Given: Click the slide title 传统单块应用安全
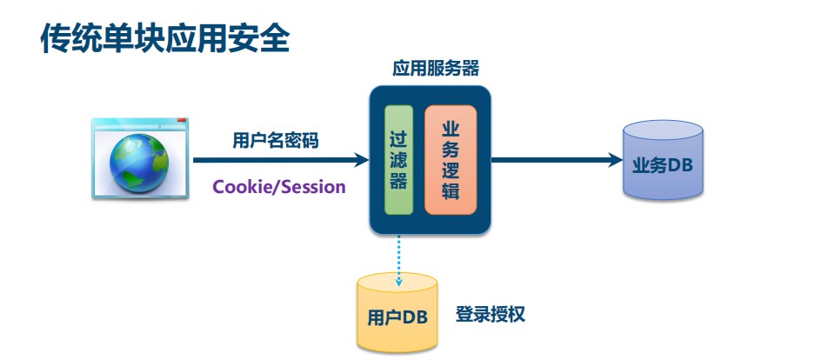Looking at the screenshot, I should click(x=164, y=38).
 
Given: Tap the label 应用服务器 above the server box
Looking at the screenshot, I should click(x=436, y=69).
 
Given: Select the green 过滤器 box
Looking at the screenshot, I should click(x=399, y=160).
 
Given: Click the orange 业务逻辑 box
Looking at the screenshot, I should click(x=451, y=160).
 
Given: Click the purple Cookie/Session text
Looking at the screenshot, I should click(x=279, y=186).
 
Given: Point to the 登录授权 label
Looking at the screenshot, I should click(x=491, y=314).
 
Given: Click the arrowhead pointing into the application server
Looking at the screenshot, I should click(x=361, y=160).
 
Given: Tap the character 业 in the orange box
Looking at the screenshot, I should click(x=451, y=130).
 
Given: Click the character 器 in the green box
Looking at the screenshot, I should click(x=399, y=181).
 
